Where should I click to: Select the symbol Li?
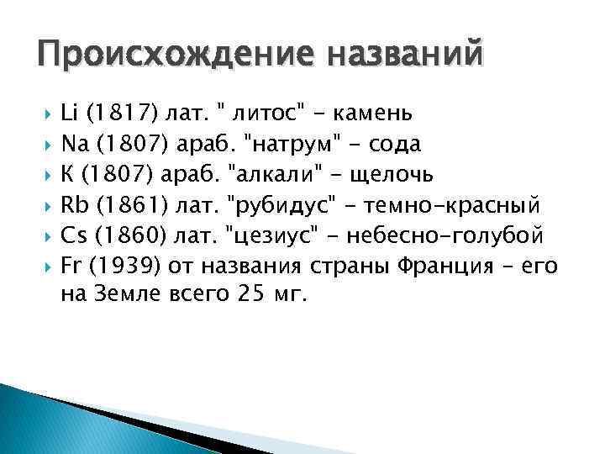coord(71,113)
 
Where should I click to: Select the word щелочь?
coord(394,174)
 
